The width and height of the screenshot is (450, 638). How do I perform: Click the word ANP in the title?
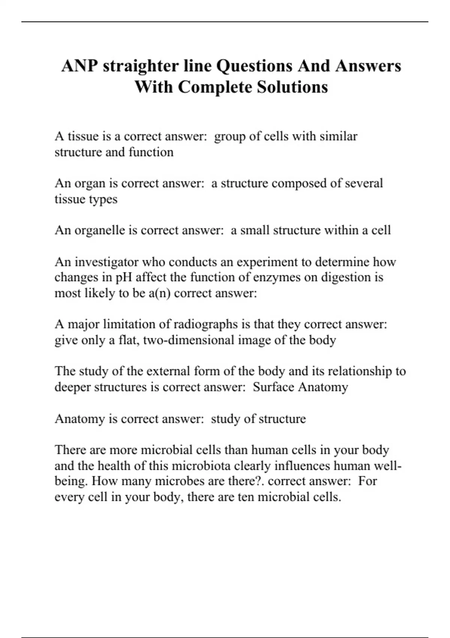[x=80, y=66]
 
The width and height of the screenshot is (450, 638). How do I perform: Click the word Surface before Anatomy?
[x=273, y=387]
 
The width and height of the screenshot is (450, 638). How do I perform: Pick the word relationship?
[x=360, y=372]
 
